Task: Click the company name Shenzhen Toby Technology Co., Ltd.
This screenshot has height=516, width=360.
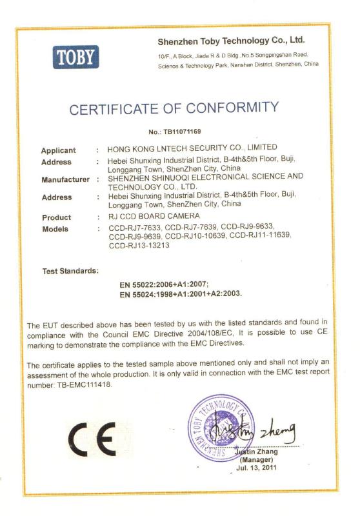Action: click(x=231, y=41)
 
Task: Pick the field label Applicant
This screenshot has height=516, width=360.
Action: click(x=59, y=150)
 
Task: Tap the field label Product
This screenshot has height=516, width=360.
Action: click(x=56, y=217)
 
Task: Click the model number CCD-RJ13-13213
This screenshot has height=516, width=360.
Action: click(x=139, y=246)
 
